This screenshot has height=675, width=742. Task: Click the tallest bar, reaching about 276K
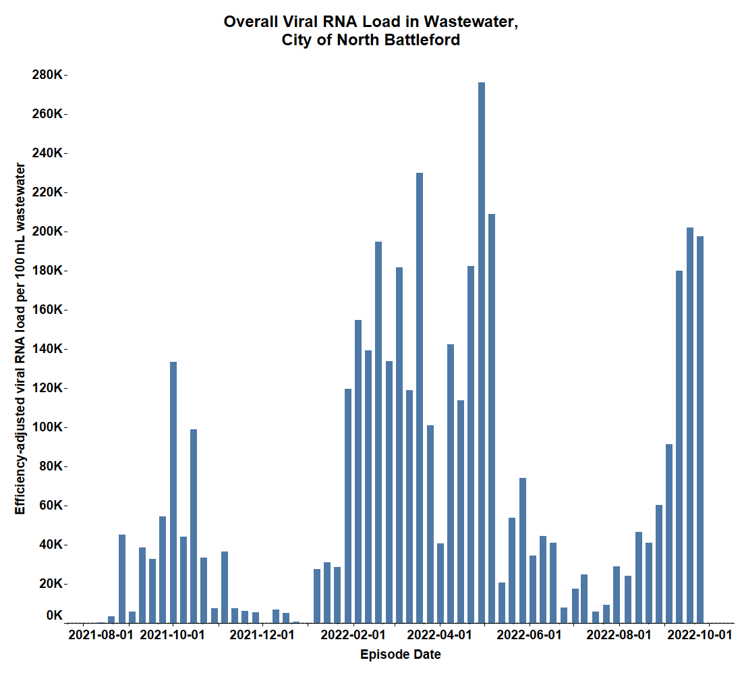[x=482, y=351]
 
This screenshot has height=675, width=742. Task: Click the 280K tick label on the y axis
[x=47, y=75]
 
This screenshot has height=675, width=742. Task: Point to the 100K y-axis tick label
[x=47, y=427]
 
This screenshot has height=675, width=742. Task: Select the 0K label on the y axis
[x=54, y=616]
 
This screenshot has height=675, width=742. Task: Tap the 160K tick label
[x=47, y=310]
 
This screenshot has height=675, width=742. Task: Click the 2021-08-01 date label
[x=101, y=635]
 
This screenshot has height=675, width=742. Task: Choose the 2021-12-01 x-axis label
[x=262, y=635]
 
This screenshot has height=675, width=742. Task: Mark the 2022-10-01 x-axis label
[x=699, y=635]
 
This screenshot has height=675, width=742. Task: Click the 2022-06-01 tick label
[x=528, y=635]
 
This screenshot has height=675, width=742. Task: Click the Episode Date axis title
[x=401, y=655]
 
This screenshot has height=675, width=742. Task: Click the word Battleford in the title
[x=421, y=40]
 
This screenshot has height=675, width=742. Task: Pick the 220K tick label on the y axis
[x=47, y=192]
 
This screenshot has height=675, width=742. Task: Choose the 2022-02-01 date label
[x=352, y=635]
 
